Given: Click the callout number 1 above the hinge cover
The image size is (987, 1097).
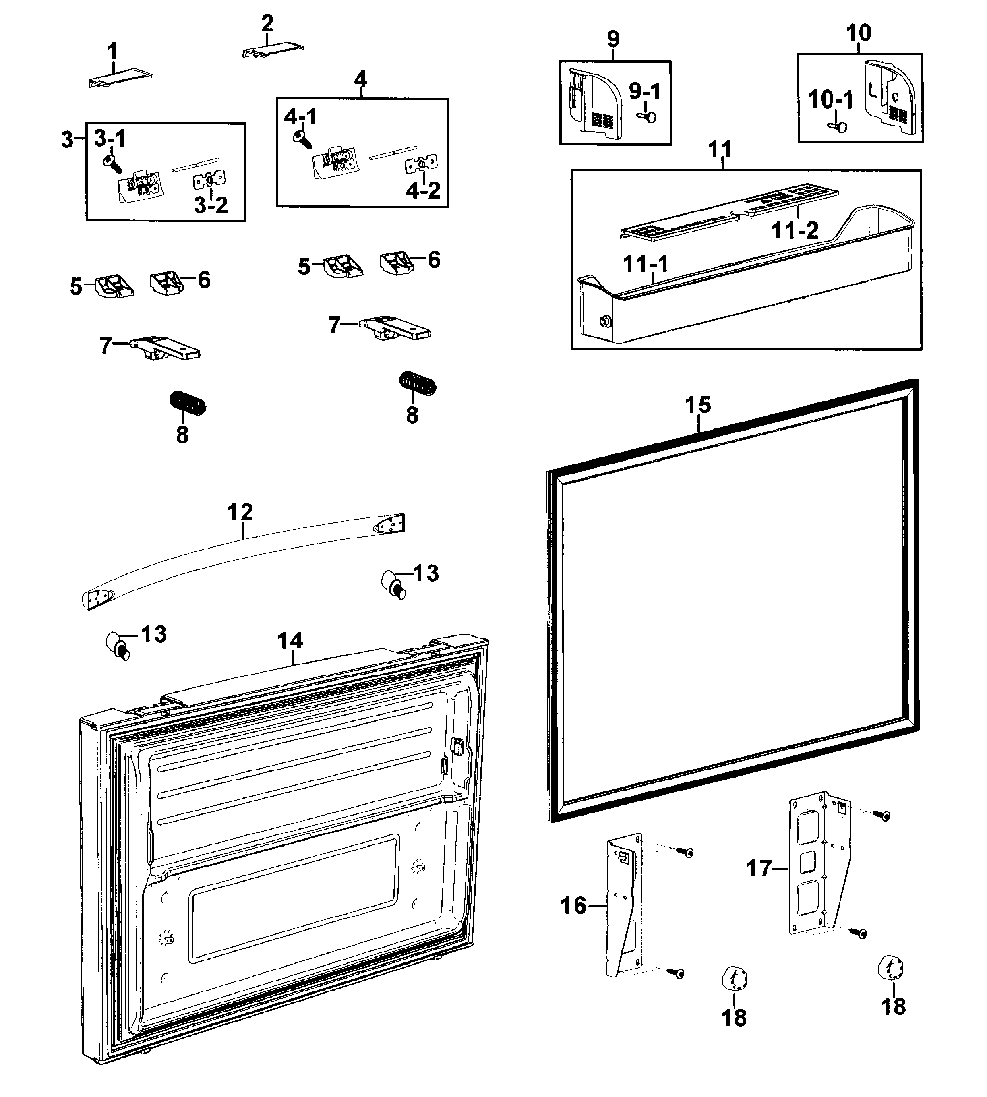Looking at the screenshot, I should (x=112, y=52).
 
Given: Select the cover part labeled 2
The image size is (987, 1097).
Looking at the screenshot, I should (x=273, y=50).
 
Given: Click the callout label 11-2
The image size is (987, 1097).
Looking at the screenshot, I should (x=795, y=230).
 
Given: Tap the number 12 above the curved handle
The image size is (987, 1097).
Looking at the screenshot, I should (x=240, y=512).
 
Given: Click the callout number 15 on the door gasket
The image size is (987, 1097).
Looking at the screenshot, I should (x=697, y=405).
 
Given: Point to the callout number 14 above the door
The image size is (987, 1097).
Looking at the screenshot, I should (x=290, y=641).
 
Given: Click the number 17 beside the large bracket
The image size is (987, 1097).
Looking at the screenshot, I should (x=759, y=868).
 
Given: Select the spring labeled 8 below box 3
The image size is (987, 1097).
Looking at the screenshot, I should (x=188, y=404).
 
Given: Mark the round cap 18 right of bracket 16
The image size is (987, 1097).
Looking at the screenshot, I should (x=734, y=980).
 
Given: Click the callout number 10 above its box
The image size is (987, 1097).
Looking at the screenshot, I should (x=859, y=33).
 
